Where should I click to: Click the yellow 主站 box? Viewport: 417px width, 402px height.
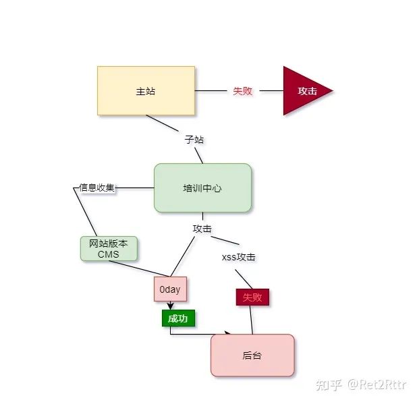[x=146, y=90]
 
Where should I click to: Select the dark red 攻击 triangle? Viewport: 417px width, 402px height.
[x=304, y=90]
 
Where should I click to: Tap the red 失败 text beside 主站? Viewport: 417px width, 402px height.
[x=242, y=90]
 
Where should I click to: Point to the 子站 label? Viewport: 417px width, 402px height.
[x=194, y=140]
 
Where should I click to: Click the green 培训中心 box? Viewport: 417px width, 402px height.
[x=202, y=188]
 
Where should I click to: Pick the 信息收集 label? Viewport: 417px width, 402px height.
[x=96, y=188]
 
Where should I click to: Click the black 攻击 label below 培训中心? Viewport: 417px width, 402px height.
[x=202, y=229]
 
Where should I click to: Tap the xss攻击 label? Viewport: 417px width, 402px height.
[x=238, y=258]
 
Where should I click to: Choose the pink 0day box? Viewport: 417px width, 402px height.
[x=170, y=289]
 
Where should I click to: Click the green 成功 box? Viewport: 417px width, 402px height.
[x=178, y=318]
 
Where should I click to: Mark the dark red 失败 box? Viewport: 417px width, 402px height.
[x=252, y=297]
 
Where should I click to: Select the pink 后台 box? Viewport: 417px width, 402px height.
[x=252, y=355]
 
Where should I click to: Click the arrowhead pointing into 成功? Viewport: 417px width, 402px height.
[x=171, y=307]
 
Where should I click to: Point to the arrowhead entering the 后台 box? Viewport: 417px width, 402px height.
[x=227, y=333]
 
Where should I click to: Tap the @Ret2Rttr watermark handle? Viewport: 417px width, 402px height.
[x=378, y=385]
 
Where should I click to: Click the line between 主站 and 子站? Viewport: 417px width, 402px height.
[x=162, y=123]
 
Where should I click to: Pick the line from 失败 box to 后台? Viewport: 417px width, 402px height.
[x=252, y=320]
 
